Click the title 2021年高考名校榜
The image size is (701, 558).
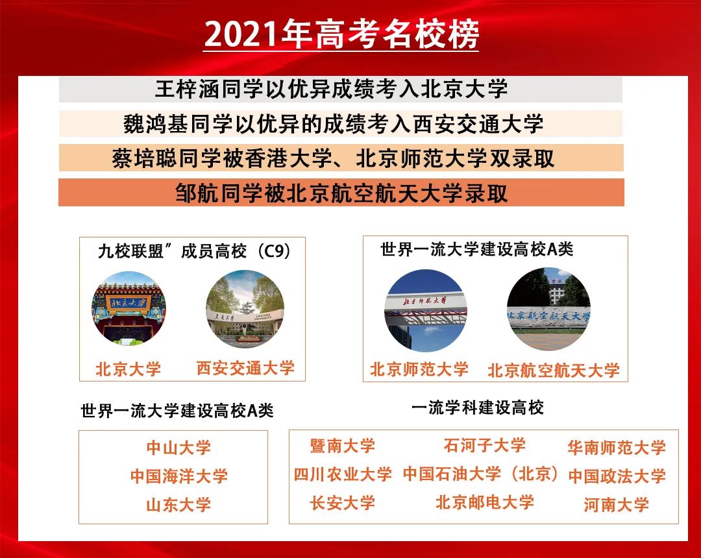(341, 36)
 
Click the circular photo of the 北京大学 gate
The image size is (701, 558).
(129, 309)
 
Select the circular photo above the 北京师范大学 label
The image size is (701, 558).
(425, 311)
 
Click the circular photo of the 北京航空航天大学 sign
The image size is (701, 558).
(548, 309)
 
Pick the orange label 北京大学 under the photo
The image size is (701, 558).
(129, 370)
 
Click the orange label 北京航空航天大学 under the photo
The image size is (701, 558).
(553, 370)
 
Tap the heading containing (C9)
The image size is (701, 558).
(194, 251)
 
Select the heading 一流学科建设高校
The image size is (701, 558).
(477, 407)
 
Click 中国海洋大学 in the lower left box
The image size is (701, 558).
(178, 476)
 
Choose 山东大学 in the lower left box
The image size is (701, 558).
(178, 505)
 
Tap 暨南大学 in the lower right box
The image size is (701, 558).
(342, 446)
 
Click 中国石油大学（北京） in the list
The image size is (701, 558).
(480, 474)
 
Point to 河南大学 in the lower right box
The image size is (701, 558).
(616, 505)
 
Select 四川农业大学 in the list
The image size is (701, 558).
(343, 474)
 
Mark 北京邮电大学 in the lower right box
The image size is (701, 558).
(484, 502)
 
